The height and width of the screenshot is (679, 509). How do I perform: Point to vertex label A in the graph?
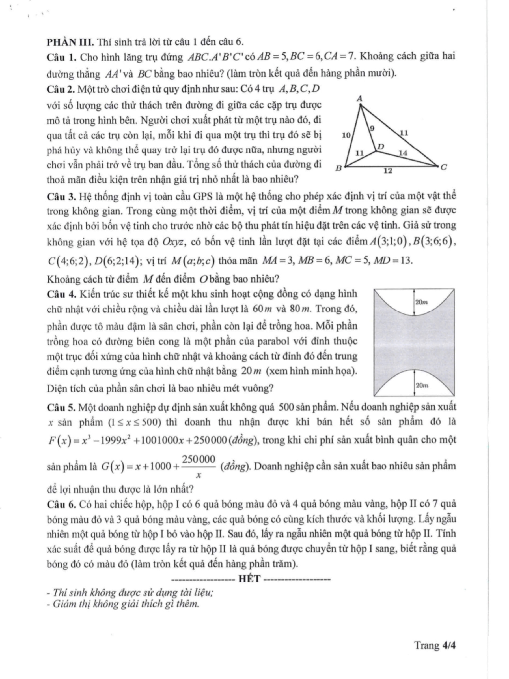360,99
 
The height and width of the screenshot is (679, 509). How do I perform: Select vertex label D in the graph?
381,146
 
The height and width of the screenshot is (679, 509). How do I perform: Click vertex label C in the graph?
444,167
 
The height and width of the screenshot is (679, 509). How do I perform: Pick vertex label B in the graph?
338,168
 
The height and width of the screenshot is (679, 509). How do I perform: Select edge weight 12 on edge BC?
388,171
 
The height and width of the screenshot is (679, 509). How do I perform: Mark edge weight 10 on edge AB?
346,135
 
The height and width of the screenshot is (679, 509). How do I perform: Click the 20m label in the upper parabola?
421,302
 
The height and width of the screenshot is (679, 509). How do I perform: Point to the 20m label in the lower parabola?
422,385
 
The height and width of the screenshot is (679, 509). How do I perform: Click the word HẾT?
249,579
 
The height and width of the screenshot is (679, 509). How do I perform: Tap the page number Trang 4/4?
435,645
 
